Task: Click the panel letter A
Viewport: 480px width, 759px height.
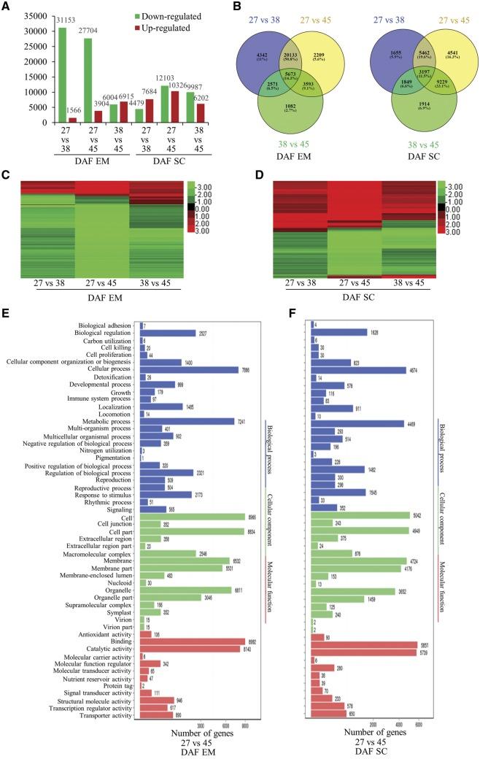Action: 7,8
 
